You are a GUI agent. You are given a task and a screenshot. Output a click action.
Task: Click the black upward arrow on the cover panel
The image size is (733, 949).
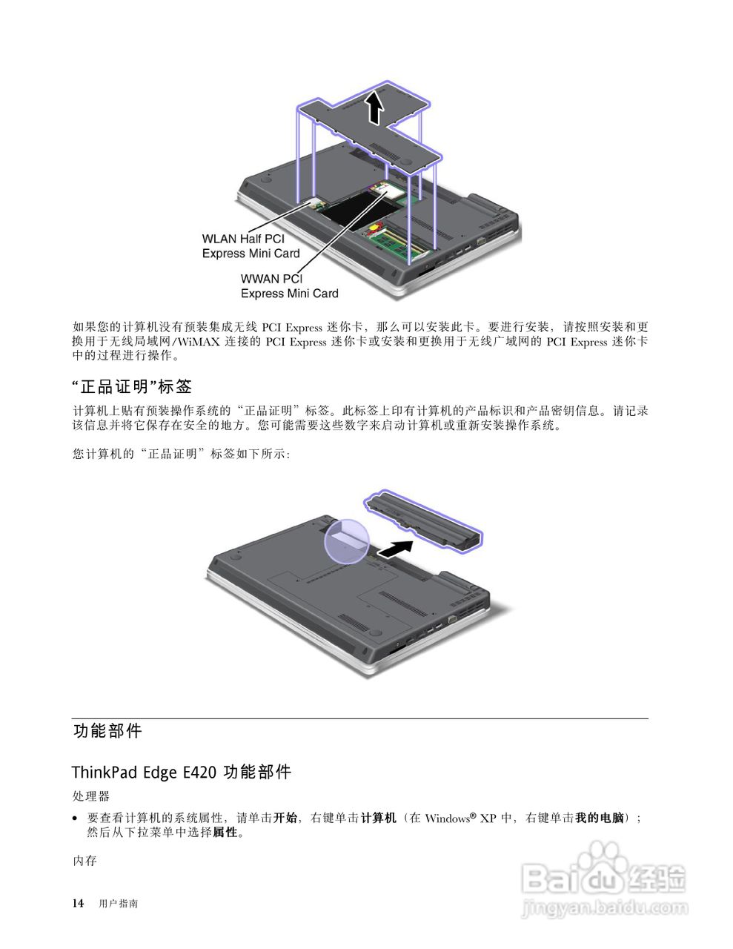click(x=377, y=108)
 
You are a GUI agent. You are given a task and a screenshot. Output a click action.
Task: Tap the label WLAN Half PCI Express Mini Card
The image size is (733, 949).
click(x=251, y=246)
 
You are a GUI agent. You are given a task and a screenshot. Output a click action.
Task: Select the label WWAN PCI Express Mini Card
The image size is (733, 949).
click(x=289, y=286)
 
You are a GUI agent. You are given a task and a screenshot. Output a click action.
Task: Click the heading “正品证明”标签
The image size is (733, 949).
click(x=133, y=386)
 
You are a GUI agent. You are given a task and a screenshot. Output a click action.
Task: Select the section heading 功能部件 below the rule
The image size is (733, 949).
click(x=107, y=730)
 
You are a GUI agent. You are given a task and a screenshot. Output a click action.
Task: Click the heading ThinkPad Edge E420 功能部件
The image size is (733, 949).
click(x=182, y=772)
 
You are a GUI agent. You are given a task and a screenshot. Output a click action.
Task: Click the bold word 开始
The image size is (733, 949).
click(x=286, y=818)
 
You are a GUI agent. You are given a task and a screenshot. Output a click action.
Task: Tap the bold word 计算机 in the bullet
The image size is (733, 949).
click(x=379, y=818)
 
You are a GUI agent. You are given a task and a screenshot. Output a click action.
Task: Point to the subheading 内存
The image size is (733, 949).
click(x=84, y=861)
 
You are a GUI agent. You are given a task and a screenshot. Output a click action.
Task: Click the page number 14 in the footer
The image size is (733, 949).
click(x=77, y=903)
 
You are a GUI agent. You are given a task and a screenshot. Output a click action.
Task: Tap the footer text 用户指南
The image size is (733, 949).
click(x=118, y=904)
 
